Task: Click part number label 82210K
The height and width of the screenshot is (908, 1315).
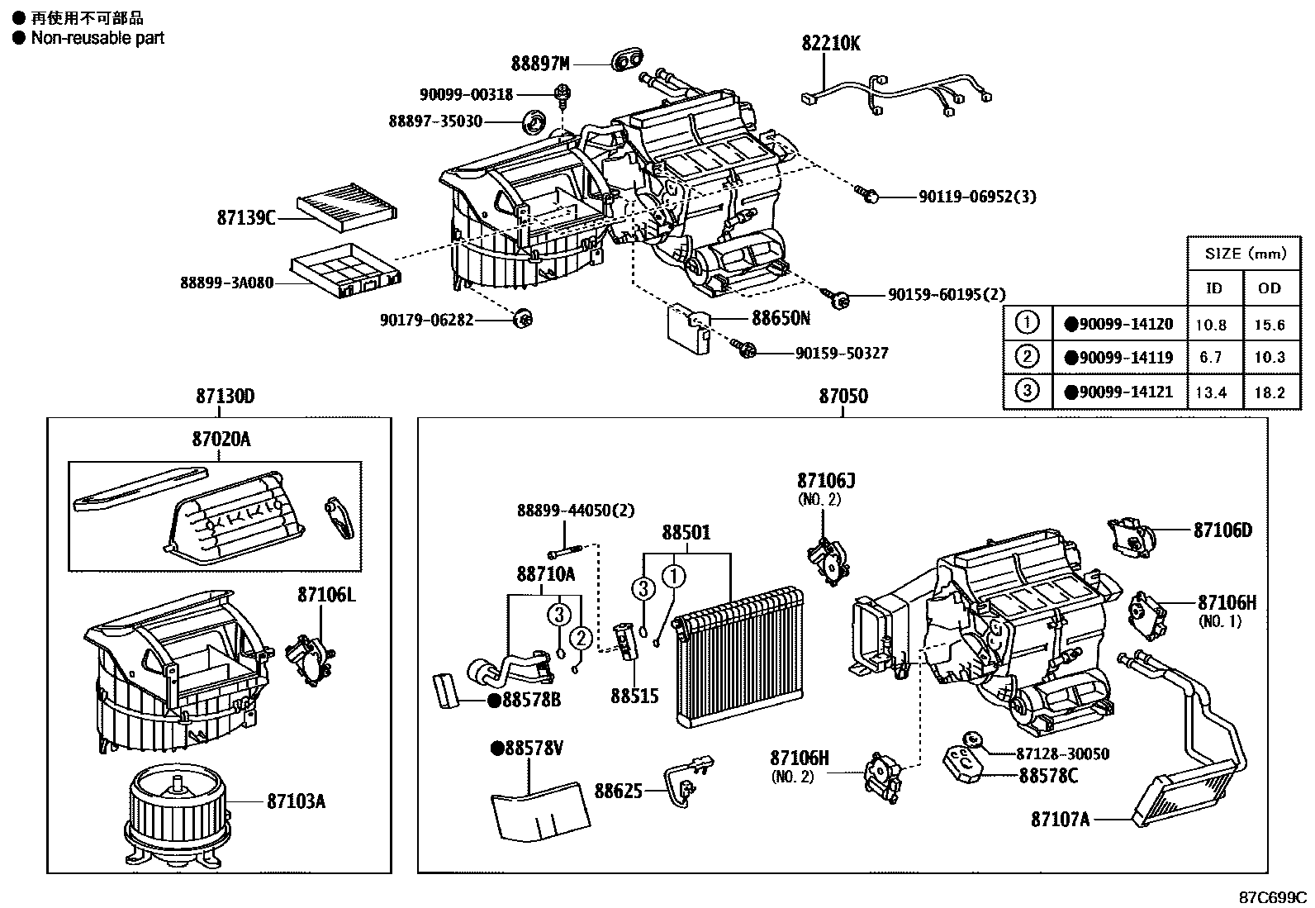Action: (x=830, y=43)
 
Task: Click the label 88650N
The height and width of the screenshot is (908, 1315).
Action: (x=781, y=317)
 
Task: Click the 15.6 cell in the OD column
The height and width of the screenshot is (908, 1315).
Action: (x=1270, y=325)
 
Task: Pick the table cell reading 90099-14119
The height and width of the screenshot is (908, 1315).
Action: (x=1119, y=358)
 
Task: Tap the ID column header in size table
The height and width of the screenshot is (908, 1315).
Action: (x=1213, y=288)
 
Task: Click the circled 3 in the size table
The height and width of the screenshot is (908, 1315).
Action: (x=1026, y=390)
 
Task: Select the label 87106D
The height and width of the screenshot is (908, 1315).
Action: (x=1222, y=530)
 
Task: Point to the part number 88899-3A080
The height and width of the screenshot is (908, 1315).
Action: (x=225, y=283)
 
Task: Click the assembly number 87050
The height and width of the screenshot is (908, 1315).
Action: (x=843, y=397)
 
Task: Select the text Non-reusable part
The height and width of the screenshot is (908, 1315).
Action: (x=97, y=38)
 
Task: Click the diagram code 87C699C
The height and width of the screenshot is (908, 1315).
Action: (x=1272, y=896)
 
